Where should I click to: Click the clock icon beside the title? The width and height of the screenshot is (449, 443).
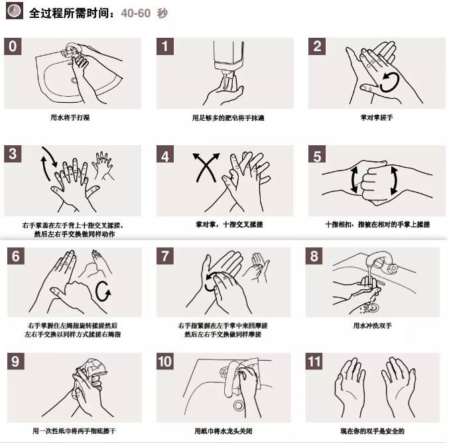click(x=15, y=11)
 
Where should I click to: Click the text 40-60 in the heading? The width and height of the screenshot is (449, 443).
click(x=136, y=13)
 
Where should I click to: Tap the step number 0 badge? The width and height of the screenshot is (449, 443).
click(x=13, y=46)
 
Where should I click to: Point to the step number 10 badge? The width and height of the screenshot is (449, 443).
click(x=165, y=361)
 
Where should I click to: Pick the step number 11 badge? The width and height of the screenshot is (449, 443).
click(x=314, y=361)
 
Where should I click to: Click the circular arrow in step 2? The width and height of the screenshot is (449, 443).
click(x=389, y=82)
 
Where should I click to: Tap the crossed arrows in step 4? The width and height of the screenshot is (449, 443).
click(x=206, y=168)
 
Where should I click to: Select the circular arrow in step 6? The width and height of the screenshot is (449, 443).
click(x=103, y=291)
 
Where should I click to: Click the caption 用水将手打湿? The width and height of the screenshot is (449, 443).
click(x=70, y=117)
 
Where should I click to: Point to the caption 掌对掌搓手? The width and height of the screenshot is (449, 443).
click(x=377, y=117)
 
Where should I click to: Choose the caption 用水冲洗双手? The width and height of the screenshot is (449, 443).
click(x=373, y=326)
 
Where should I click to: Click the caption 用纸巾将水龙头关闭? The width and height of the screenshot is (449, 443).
click(x=224, y=431)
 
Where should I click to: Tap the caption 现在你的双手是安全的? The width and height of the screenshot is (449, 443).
click(x=373, y=431)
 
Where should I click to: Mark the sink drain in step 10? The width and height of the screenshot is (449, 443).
click(x=238, y=406)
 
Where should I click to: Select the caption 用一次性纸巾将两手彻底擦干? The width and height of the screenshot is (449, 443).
click(x=74, y=431)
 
